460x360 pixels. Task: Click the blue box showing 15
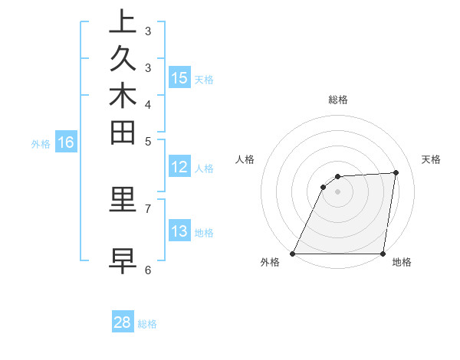click(179, 78)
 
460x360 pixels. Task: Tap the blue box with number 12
click(179, 168)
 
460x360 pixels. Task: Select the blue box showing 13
click(179, 232)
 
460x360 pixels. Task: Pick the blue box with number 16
click(66, 142)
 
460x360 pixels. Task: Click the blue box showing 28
click(123, 322)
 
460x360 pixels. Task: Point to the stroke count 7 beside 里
click(148, 208)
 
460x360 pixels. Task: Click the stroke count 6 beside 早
click(148, 270)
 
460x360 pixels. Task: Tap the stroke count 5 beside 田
click(148, 141)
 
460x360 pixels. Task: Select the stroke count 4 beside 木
click(148, 103)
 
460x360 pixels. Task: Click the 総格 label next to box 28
click(148, 324)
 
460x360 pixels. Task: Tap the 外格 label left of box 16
click(41, 143)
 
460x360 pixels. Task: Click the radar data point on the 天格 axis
click(396, 172)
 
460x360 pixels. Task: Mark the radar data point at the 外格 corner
click(293, 253)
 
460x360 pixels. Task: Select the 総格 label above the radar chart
click(338, 100)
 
